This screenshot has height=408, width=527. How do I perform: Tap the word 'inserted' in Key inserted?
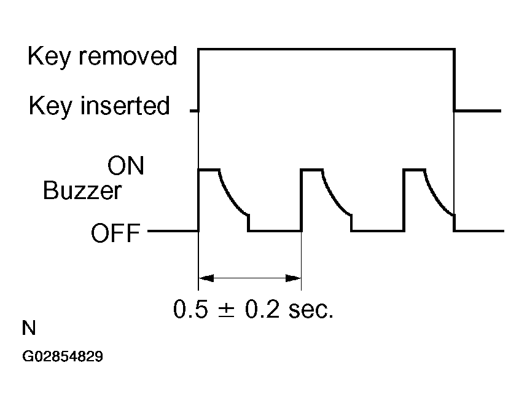[125, 106]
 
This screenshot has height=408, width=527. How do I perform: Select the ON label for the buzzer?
[125, 167]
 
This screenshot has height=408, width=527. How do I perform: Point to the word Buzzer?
[82, 192]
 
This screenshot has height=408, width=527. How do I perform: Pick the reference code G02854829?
[63, 356]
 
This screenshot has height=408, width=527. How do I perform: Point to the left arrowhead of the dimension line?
[206, 278]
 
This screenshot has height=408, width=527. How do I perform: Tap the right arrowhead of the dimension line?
[294, 278]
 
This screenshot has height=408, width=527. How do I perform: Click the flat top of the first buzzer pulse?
[208, 169]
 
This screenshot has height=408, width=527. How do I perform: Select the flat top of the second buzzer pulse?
[311, 169]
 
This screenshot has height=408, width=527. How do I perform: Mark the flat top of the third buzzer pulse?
[414, 169]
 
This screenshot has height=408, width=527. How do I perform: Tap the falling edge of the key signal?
[454, 80]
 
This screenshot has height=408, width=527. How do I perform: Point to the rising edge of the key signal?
[198, 80]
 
